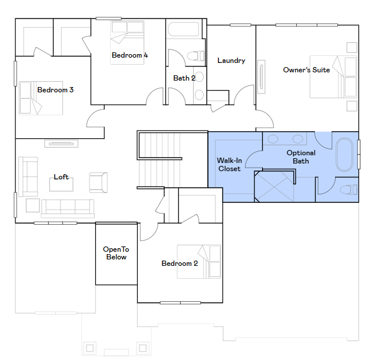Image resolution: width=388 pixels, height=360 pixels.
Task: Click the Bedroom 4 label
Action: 130,55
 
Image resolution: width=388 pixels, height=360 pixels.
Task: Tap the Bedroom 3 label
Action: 55,90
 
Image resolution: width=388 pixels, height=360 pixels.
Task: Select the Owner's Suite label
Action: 306,70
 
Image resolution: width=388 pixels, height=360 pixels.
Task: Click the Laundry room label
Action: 231,61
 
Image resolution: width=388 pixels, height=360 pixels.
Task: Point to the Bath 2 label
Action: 184,78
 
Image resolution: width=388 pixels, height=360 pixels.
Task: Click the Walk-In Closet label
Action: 229,164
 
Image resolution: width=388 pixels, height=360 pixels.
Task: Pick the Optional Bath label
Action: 301,157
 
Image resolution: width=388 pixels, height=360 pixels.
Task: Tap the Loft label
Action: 61,176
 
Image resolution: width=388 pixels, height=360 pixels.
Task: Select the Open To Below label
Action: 116,253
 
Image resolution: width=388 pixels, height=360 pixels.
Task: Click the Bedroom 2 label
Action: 180,264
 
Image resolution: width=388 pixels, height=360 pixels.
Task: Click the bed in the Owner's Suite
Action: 333,76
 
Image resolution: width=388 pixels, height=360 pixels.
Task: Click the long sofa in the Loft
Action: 67,208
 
